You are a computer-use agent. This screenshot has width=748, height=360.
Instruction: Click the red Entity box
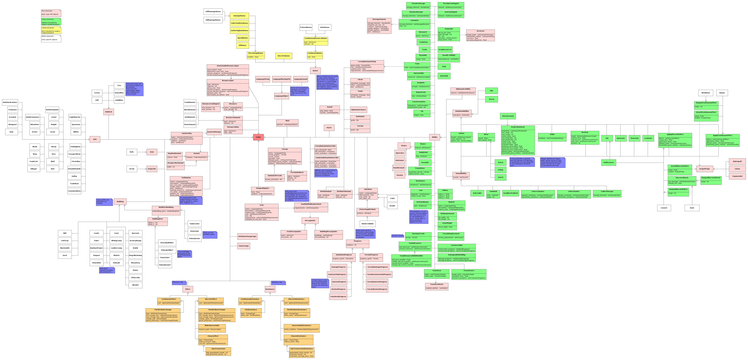258,137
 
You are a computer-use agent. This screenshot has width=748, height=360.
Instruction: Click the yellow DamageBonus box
239,16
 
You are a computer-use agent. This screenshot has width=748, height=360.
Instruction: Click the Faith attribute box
392,198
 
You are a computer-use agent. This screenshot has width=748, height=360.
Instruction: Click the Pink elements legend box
51,13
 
